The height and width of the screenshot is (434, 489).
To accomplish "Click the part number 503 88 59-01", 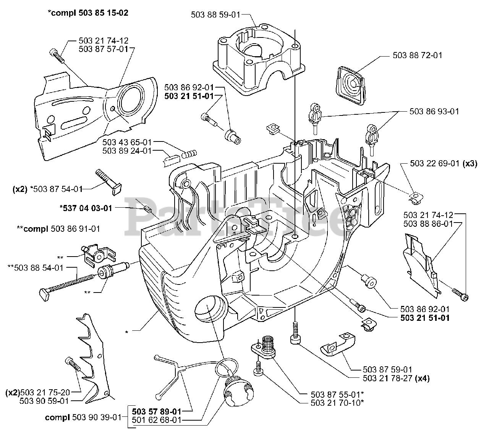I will tap(215, 15).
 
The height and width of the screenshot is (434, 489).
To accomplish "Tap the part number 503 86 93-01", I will tap(434, 112).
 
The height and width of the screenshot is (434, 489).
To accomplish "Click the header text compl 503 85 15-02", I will tap(88, 13).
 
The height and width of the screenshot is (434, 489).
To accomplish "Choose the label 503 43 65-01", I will tap(127, 142).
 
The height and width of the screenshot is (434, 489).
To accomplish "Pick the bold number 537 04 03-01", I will tap(86, 208).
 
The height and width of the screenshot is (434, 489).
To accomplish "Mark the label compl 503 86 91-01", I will tap(58, 229).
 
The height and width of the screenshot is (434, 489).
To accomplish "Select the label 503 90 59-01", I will tap(44, 401).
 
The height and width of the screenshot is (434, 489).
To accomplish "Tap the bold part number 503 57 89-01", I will tap(156, 412).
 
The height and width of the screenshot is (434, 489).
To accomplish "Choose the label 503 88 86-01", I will tap(428, 224).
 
